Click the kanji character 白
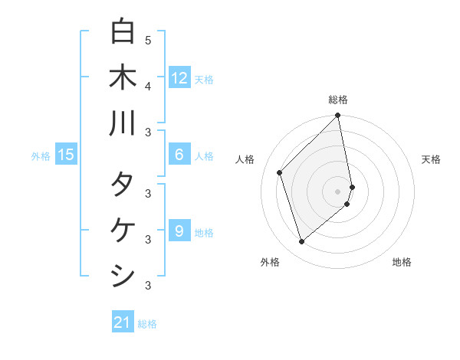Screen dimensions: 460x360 pos(123,32)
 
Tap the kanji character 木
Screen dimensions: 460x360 pos(123,77)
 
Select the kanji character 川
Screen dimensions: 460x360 pos(123,123)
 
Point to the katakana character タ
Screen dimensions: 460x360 pos(123,186)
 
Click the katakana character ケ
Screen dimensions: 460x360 pos(123,231)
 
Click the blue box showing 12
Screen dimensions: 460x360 pos(179,77)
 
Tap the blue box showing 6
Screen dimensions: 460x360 pos(179,155)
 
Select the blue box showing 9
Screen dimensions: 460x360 pos(179,231)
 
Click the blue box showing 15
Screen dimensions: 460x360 pos(66,155)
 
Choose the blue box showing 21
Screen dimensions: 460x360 pos(123,322)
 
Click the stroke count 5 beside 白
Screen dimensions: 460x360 pos(148,41)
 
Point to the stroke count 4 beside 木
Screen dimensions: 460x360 pos(148,86)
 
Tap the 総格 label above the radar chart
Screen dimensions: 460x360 pos(338,100)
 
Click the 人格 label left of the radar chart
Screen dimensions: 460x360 pos(245,159)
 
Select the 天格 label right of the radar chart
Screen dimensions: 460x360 pos(432,159)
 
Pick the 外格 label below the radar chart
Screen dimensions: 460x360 pos(269,262)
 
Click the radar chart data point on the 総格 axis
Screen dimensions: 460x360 pos(338,116)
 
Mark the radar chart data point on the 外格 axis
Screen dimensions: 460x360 pos(302,242)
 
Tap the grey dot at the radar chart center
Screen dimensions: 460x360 pos(338,190)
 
